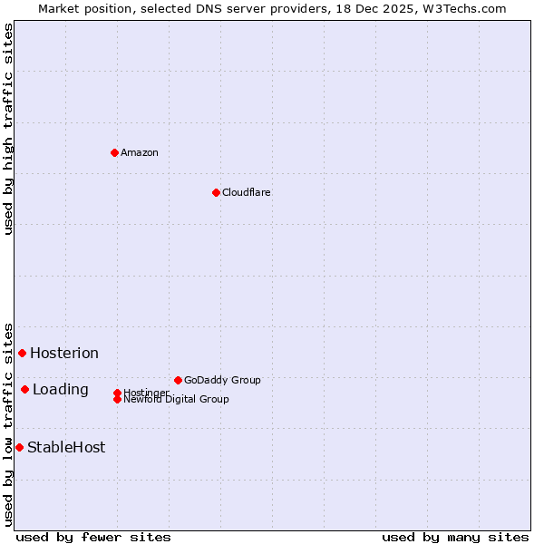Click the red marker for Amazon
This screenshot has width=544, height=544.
coord(114,152)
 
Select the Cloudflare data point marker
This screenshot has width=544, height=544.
coord(216,192)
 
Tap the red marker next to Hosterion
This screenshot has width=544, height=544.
coord(22,353)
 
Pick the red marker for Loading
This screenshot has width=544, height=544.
coord(24,389)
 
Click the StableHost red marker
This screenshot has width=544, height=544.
coord(19,447)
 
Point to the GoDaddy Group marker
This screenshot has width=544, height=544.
coord(178,380)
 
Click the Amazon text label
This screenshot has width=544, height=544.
coord(140,152)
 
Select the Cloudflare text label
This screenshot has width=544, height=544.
coord(247,192)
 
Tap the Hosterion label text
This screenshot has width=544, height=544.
coord(64,354)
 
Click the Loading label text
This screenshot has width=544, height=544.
coord(61,390)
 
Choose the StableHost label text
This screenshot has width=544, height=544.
coord(66,448)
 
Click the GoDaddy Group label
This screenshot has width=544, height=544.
coord(222,380)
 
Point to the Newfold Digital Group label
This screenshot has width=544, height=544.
coord(176,399)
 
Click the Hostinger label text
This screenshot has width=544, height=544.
coord(145,392)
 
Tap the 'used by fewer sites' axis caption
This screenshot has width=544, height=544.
coord(93,538)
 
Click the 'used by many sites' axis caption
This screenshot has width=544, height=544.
coord(455,538)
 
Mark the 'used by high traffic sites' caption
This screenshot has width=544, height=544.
coord(8,129)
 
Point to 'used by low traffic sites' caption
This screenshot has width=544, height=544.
coord(8,423)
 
